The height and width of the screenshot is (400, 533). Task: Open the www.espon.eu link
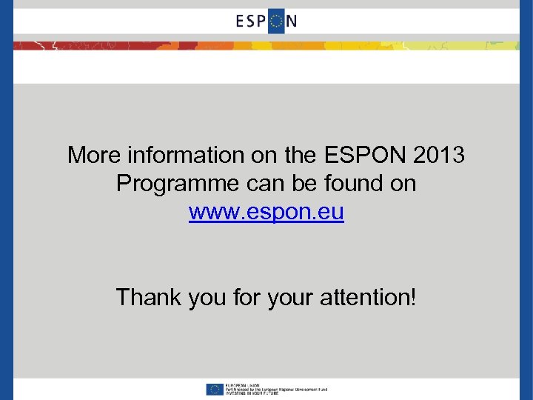266,213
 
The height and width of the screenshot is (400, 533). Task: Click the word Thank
148,298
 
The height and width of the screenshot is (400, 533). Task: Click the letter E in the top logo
241,21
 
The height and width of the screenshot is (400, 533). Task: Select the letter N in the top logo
291,21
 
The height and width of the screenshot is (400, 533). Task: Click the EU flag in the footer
214,389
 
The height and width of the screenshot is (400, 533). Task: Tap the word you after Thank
207,298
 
